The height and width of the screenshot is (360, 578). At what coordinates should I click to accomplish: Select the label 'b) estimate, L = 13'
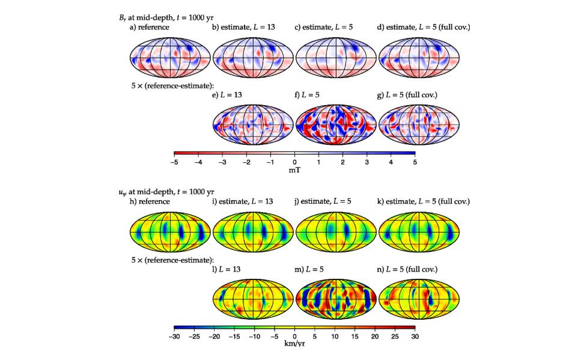click(x=243, y=27)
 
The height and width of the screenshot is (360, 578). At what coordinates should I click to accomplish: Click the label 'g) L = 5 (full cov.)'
click(x=407, y=96)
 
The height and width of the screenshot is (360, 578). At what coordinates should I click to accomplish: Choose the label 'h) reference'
click(x=150, y=201)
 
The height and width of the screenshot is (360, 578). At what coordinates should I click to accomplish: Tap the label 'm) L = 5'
click(x=311, y=270)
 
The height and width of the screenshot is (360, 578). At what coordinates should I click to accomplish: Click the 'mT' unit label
click(x=294, y=170)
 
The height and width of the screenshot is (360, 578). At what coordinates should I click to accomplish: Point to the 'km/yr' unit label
click(x=294, y=344)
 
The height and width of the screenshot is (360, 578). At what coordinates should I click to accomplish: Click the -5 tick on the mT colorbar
click(x=174, y=162)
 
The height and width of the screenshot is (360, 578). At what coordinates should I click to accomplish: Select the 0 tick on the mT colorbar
click(x=294, y=162)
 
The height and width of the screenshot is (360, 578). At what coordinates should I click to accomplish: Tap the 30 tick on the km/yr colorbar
click(x=415, y=337)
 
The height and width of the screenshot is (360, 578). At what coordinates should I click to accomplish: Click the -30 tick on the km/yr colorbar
click(x=174, y=337)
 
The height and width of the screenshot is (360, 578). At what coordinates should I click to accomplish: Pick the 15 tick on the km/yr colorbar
click(x=354, y=337)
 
